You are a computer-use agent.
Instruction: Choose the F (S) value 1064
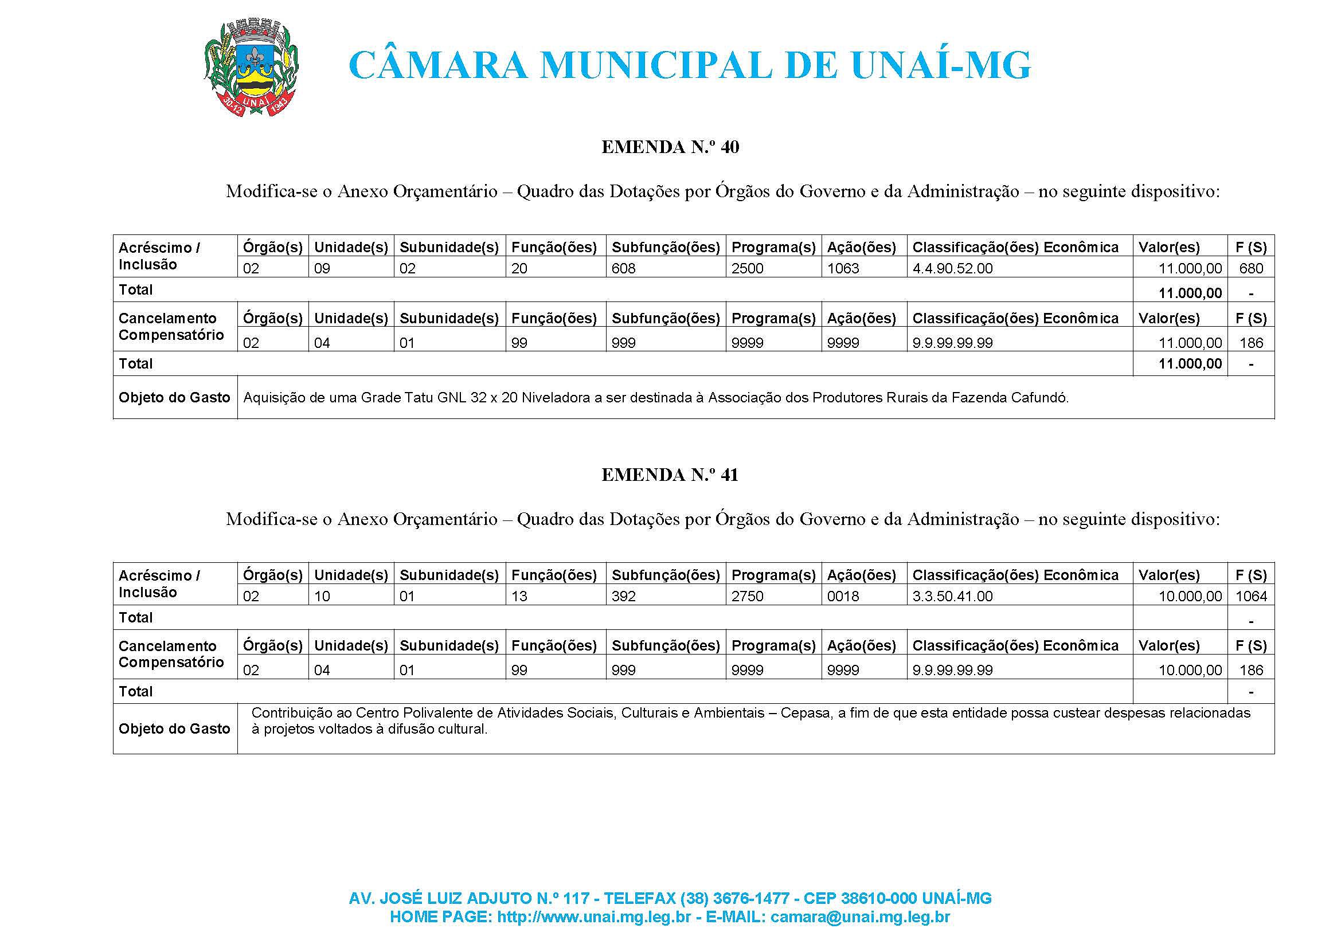1251,597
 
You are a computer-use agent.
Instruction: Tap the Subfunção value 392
623,597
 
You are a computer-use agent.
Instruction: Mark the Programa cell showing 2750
747,597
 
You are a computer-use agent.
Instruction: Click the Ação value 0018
843,597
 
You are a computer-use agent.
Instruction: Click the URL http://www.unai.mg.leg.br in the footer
594,917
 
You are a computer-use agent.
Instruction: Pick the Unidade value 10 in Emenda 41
322,597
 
